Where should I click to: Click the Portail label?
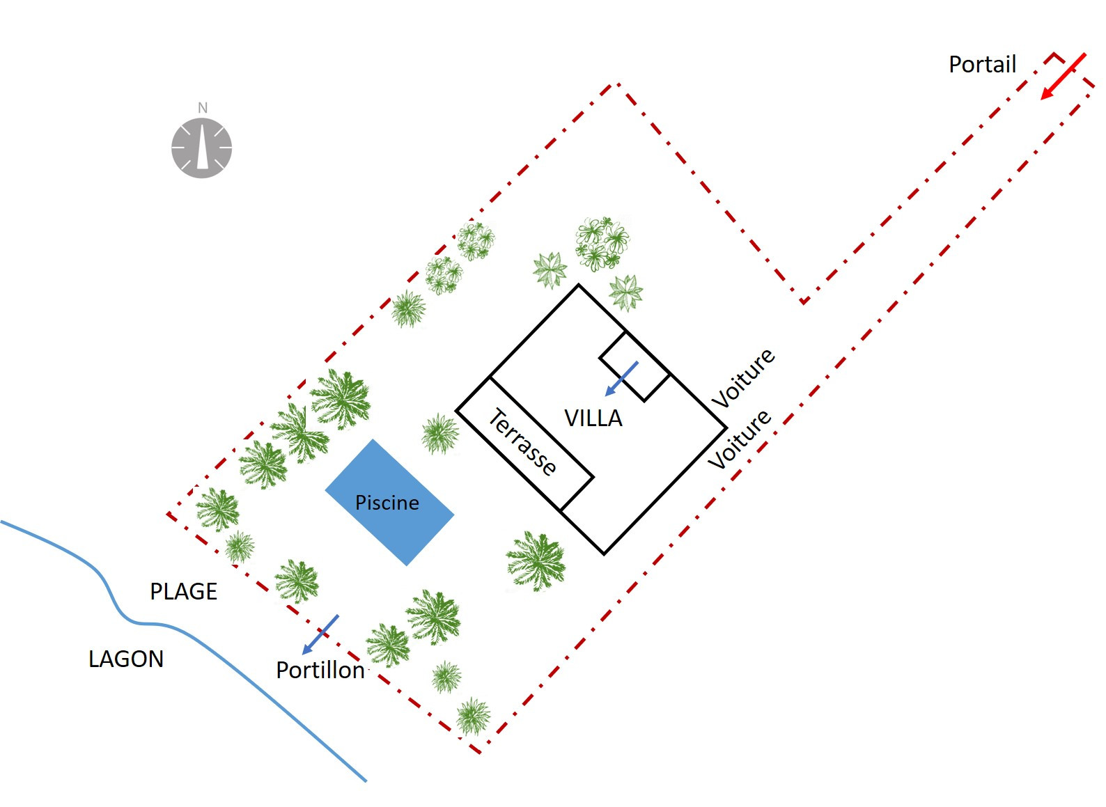tap(982, 64)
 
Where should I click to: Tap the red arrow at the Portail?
tap(1063, 77)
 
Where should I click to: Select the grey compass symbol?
tap(201, 148)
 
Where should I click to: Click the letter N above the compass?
tap(203, 108)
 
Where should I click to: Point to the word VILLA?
tap(593, 418)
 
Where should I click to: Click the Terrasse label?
tap(522, 441)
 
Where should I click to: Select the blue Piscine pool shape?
tap(389, 503)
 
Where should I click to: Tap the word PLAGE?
tap(184, 591)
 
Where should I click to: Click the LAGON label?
tap(126, 659)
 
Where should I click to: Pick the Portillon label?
tap(320, 670)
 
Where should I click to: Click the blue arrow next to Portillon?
tap(320, 635)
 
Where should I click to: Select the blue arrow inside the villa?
tap(622, 379)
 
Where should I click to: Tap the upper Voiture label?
tap(743, 377)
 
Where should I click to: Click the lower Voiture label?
tap(739, 439)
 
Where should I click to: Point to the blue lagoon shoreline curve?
tap(148, 625)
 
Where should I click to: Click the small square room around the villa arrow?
tap(634, 366)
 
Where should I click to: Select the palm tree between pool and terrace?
tap(440, 434)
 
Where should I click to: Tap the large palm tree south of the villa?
tap(536, 561)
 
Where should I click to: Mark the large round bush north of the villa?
tap(602, 243)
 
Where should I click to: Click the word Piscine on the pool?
tap(387, 503)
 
